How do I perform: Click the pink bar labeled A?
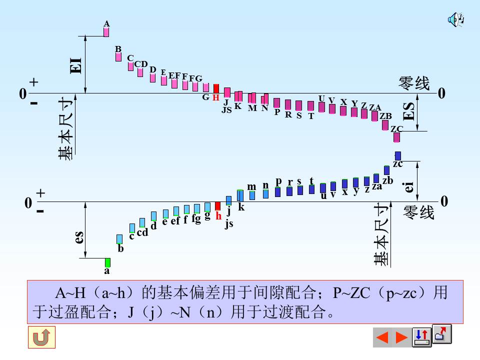(106, 32)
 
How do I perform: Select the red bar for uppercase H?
(216, 88)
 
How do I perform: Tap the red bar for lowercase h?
(217, 205)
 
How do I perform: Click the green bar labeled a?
(107, 262)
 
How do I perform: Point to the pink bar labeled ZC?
(396, 137)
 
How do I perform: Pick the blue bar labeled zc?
(397, 155)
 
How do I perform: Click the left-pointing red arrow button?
(382, 337)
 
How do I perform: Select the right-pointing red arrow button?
(401, 337)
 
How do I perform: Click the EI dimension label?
(76, 65)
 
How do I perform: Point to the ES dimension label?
(409, 111)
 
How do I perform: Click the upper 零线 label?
(413, 83)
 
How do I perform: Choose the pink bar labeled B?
(118, 56)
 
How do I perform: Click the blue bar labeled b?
(119, 239)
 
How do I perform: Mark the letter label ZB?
(385, 116)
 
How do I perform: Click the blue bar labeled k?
(240, 195)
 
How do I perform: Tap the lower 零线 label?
(419, 212)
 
